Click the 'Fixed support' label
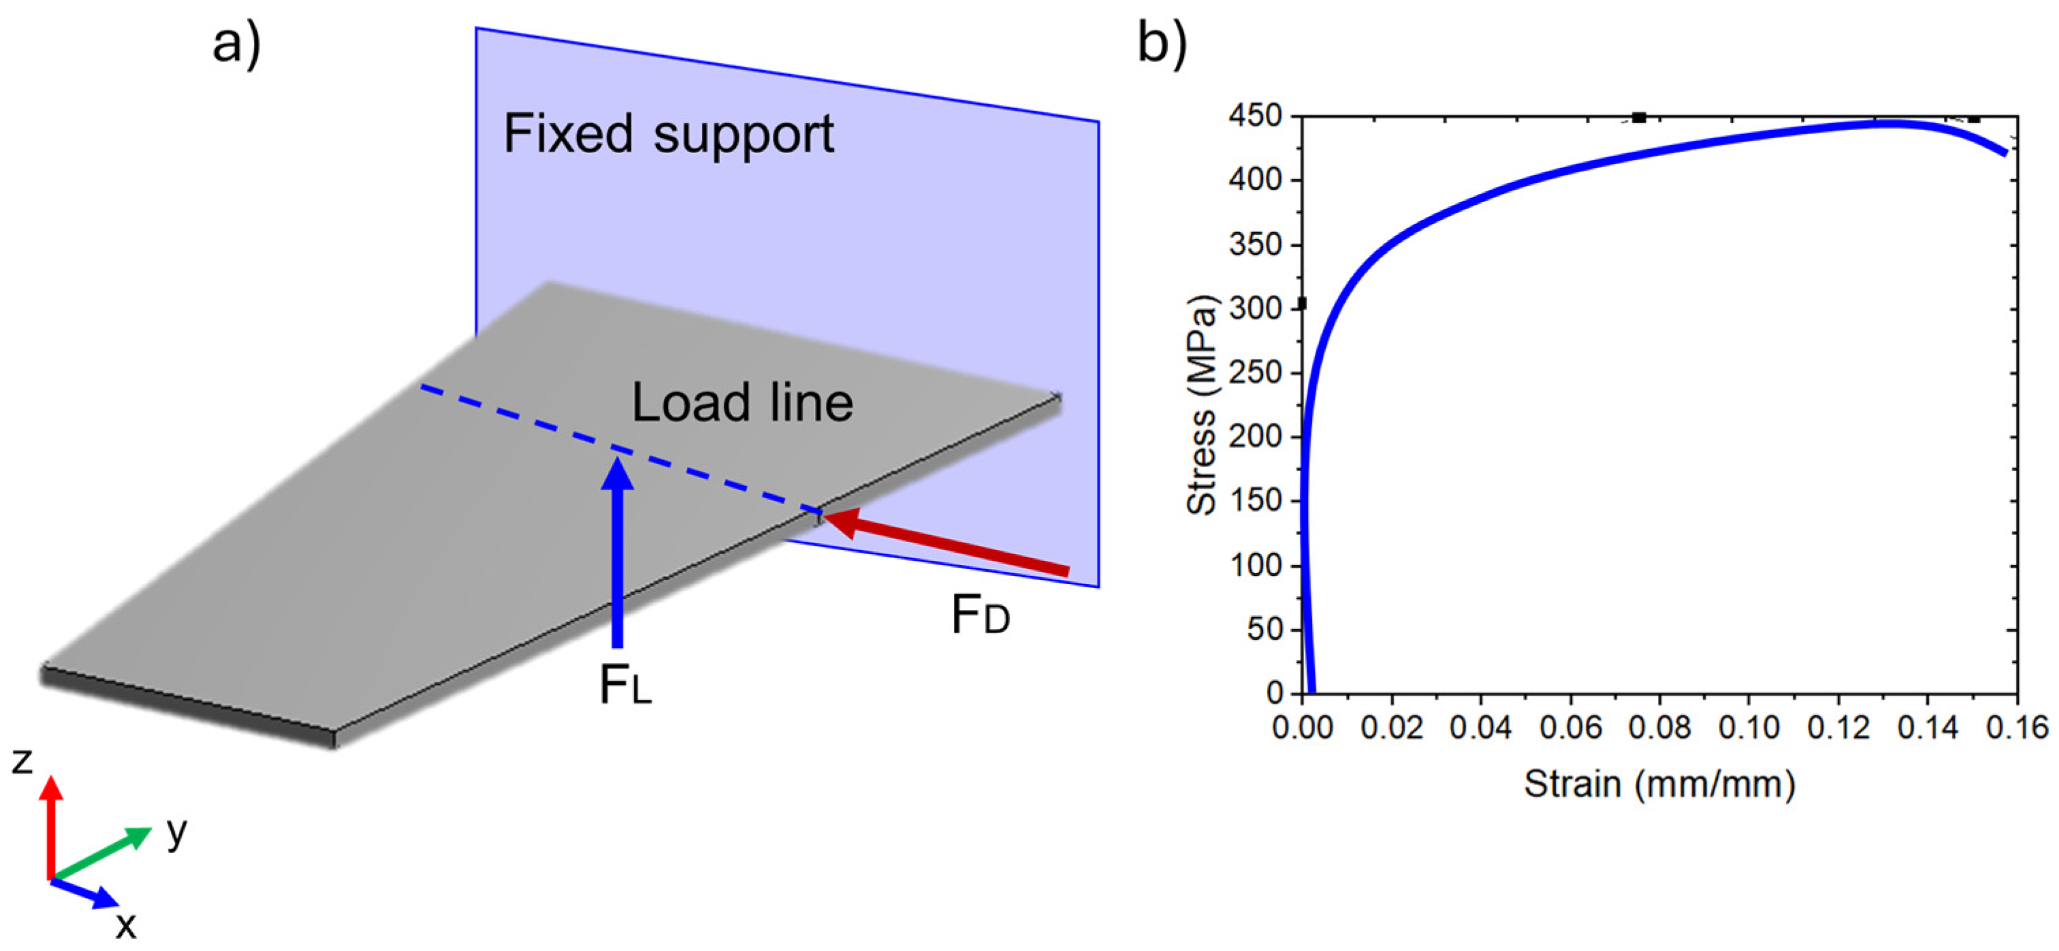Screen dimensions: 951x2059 668,134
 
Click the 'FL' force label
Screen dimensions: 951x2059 625,686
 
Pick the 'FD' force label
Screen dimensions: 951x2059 980,616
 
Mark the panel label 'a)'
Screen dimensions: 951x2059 236,44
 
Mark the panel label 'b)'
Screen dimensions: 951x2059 1162,44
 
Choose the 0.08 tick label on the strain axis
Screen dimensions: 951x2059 1659,728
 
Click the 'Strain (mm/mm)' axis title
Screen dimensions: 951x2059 1659,784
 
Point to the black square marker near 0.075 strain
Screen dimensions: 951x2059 1640,118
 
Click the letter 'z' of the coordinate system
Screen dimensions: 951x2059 22,762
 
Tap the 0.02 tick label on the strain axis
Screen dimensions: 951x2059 1392,728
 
